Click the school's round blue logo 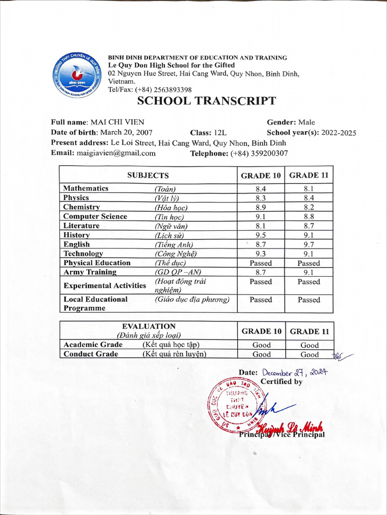(x=77, y=76)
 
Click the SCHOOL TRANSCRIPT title (x=207, y=101)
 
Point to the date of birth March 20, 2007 (x=126, y=133)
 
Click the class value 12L (x=220, y=133)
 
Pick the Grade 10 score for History (x=261, y=235)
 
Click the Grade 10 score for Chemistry (x=261, y=207)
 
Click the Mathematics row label (x=86, y=188)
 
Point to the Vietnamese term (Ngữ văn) (x=170, y=226)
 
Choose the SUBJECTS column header (x=148, y=176)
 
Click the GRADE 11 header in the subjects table (x=308, y=176)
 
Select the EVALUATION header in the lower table (x=149, y=326)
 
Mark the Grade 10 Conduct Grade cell (x=261, y=354)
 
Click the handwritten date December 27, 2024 (x=294, y=373)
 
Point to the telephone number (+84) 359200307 (x=259, y=153)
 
